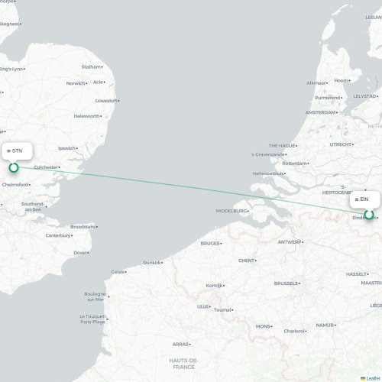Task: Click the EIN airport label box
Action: click(363, 199)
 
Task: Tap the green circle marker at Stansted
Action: click(13, 167)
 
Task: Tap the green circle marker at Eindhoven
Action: click(370, 215)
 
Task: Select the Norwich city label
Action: click(76, 83)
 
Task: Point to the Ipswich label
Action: click(66, 148)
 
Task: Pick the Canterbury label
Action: click(57, 235)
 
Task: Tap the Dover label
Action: click(80, 252)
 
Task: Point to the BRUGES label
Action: click(209, 244)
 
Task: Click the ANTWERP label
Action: click(290, 242)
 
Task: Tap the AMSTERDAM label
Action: click(320, 112)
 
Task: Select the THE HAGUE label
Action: click(282, 145)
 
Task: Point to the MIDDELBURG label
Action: click(231, 211)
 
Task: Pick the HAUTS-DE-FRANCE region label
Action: click(184, 363)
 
